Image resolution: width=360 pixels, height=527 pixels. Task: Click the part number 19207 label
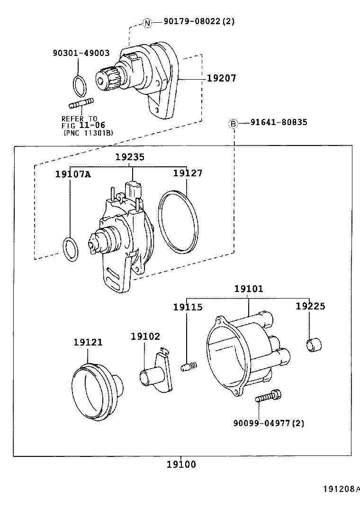point(221,78)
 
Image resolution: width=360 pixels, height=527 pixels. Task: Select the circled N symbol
point(147,22)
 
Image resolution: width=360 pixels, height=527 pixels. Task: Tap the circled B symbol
point(233,124)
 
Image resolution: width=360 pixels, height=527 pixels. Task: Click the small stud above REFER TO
point(81,103)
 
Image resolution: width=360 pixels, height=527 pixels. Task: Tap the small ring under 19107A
point(70,248)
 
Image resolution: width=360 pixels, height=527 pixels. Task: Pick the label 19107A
point(72,174)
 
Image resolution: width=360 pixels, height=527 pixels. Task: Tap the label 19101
point(249,288)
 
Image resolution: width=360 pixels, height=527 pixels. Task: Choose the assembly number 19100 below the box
point(181,464)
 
